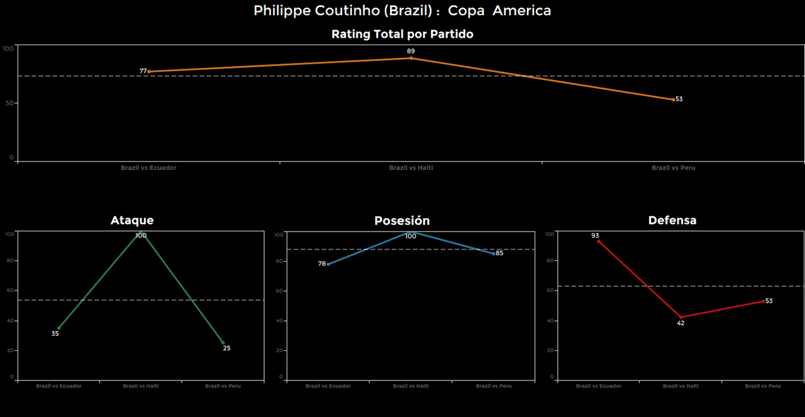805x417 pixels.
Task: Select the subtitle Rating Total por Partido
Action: click(x=402, y=35)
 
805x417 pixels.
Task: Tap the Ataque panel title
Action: click(x=132, y=220)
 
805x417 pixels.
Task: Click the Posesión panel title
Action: click(x=402, y=221)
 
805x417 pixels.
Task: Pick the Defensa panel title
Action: click(x=672, y=220)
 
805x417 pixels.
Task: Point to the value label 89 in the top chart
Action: click(x=411, y=51)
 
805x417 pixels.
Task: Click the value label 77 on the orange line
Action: click(x=143, y=72)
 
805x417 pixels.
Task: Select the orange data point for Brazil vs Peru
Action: click(x=673, y=99)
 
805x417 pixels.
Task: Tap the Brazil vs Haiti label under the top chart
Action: click(x=411, y=168)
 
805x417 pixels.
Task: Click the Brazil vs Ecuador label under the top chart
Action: click(x=148, y=168)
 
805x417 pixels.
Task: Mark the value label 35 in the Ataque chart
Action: click(x=55, y=333)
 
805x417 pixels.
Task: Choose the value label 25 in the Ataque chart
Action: click(x=226, y=348)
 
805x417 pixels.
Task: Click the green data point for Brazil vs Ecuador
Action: click(x=58, y=328)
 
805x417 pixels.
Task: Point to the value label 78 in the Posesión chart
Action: click(x=322, y=264)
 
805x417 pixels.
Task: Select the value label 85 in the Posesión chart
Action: click(x=499, y=253)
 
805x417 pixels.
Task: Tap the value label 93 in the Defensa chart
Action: click(x=595, y=236)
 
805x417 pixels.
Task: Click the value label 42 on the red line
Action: click(x=680, y=323)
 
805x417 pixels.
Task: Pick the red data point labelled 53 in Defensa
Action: click(x=763, y=301)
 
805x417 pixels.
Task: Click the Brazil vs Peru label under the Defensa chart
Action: click(x=763, y=386)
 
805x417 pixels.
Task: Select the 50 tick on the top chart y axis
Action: click(x=9, y=103)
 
